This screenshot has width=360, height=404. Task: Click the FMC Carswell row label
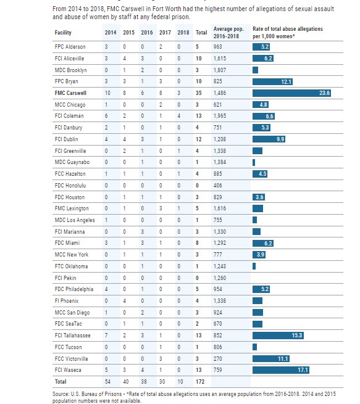click(70, 93)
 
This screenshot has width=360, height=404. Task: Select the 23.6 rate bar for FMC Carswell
click(291, 93)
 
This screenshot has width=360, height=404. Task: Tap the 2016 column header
click(147, 33)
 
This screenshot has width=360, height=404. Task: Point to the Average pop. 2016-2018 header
click(228, 33)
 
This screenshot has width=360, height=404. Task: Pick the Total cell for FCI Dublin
click(198, 139)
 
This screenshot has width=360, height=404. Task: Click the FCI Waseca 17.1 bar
click(281, 370)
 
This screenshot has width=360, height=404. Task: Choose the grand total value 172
click(200, 382)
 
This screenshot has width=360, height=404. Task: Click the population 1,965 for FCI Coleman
click(220, 116)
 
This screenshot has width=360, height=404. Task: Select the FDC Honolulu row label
click(70, 186)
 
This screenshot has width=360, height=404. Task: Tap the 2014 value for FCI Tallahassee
click(106, 336)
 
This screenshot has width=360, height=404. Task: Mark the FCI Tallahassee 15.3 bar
click(278, 336)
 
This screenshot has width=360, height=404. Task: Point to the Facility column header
click(63, 33)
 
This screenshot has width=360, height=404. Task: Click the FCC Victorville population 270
click(217, 358)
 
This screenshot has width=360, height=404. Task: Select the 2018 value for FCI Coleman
click(179, 116)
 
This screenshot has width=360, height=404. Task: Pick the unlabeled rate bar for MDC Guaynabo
click(254, 162)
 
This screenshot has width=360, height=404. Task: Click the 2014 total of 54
click(107, 382)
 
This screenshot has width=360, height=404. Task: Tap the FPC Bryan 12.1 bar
click(272, 81)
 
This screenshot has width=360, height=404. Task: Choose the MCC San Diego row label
click(72, 313)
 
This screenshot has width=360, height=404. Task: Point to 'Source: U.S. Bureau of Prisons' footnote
click(87, 394)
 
